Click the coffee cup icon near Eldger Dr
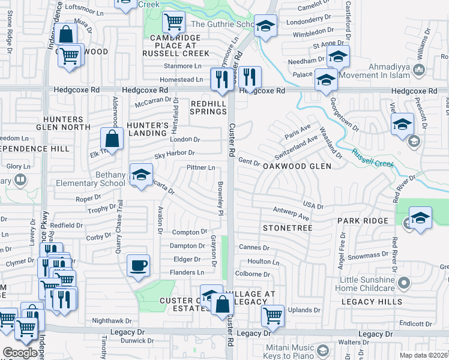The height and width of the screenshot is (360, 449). [x=138, y=265]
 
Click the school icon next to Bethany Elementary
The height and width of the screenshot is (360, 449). [x=141, y=175]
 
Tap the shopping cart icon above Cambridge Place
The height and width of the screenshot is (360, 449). [x=173, y=22]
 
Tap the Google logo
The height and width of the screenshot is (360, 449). [x=20, y=353]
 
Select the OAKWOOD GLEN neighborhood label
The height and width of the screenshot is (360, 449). [x=297, y=166]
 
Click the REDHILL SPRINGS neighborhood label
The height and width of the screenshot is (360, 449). [x=208, y=107]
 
